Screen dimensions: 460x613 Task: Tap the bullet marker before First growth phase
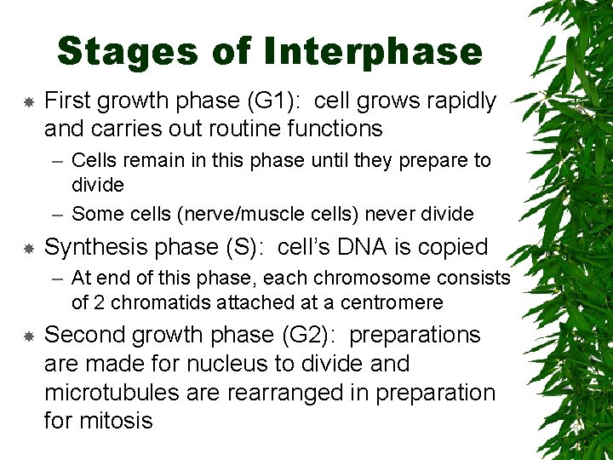[28, 101]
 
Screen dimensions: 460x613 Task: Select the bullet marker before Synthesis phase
[28, 248]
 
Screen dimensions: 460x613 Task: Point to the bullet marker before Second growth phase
[28, 336]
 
